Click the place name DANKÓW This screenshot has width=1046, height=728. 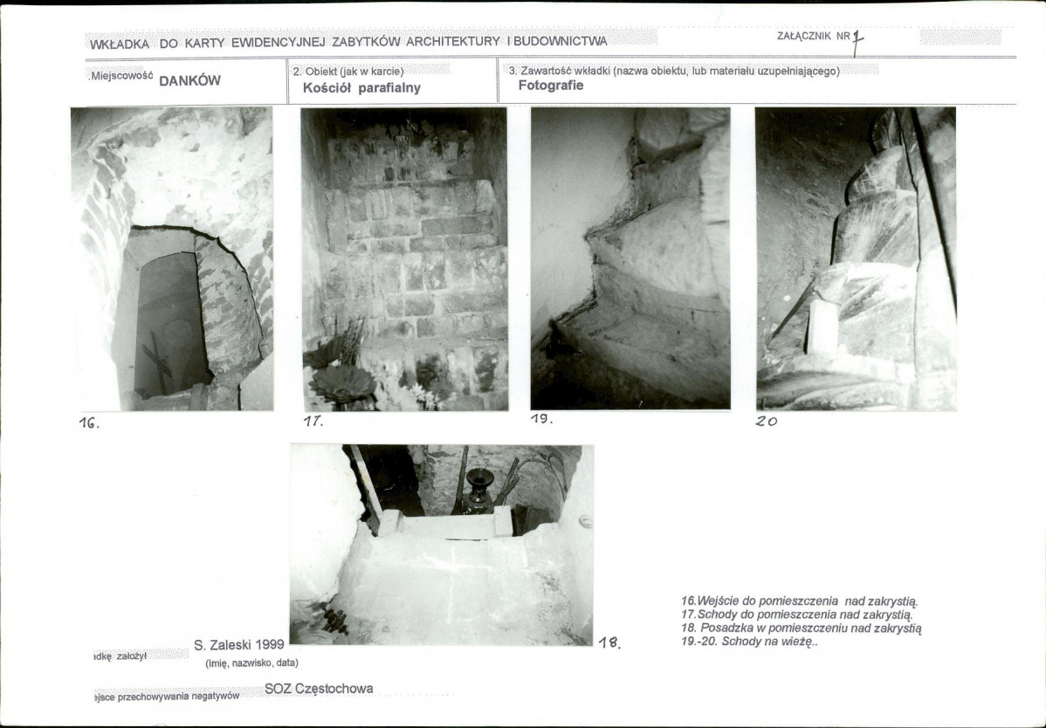189,80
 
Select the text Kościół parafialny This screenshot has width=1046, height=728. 361,88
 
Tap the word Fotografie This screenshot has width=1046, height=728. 551,86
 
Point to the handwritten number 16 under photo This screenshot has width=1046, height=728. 89,422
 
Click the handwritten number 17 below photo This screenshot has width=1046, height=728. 313,421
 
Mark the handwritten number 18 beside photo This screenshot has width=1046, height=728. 609,642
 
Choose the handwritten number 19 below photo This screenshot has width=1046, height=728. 541,419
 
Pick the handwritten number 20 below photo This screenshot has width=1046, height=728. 767,421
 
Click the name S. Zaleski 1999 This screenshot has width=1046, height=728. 239,645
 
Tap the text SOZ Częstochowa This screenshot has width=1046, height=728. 319,689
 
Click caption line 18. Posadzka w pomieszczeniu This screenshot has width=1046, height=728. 802,628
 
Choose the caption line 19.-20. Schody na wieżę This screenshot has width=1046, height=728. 749,642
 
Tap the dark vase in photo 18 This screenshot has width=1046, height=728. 479,491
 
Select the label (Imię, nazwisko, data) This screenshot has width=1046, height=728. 251,663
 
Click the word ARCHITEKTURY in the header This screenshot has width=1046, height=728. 453,41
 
